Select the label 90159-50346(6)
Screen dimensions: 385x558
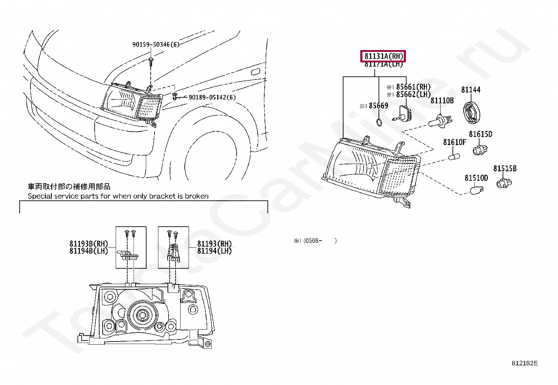(156, 44)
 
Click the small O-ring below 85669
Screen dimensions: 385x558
(379, 122)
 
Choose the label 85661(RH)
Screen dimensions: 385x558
(413, 87)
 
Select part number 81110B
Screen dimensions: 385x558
(442, 101)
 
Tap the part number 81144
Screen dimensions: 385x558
(471, 90)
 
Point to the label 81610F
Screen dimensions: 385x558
(455, 142)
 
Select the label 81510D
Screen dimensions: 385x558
(476, 178)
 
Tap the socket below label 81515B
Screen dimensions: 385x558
(504, 182)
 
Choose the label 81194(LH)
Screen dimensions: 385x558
(214, 251)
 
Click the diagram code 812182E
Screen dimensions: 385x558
(524, 363)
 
